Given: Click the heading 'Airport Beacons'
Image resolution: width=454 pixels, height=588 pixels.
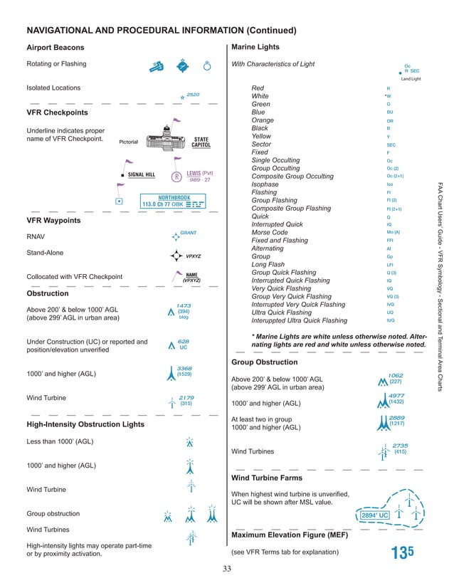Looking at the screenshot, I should click(x=56, y=48).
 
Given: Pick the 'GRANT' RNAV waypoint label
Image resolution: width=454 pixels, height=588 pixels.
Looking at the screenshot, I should click(x=188, y=232).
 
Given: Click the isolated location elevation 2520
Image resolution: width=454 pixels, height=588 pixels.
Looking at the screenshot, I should click(x=192, y=94).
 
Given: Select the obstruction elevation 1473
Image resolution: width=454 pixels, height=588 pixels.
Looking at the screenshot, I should click(x=184, y=305).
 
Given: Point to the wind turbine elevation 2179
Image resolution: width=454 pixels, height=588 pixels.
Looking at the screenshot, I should click(x=186, y=397).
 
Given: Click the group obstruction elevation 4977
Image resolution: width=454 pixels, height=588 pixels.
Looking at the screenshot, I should click(x=397, y=396).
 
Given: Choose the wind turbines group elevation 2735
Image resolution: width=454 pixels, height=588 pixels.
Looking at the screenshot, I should click(x=400, y=445).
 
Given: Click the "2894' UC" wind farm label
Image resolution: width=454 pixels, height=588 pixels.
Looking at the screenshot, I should click(x=374, y=514).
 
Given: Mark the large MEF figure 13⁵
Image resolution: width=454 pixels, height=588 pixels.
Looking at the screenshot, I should click(x=401, y=555).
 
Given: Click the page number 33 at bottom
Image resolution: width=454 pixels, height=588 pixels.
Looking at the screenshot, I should click(x=227, y=568).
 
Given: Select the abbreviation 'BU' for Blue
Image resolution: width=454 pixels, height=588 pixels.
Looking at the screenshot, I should click(x=389, y=112).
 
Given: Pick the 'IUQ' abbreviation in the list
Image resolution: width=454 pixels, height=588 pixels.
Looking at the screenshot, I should click(x=390, y=321).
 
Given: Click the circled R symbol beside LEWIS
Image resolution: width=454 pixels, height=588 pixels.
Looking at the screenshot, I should click(x=176, y=177).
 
